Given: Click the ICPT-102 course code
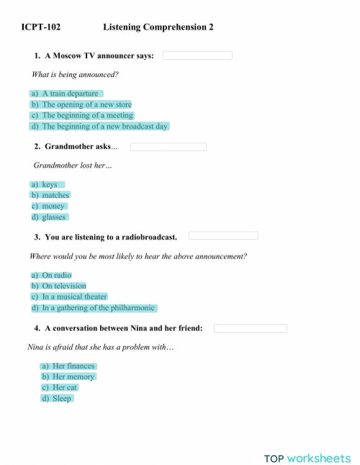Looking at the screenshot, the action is pyautogui.click(x=41, y=27).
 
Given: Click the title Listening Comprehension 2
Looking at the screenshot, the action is pyautogui.click(x=158, y=27).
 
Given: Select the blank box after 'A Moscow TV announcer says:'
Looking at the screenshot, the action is pyautogui.click(x=197, y=55).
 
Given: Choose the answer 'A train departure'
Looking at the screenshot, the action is pyautogui.click(x=66, y=94).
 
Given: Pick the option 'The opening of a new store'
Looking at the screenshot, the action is pyautogui.click(x=81, y=104).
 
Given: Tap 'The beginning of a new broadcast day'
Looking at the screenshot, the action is pyautogui.click(x=99, y=126).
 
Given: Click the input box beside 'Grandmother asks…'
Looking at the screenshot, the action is pyautogui.click(x=168, y=147).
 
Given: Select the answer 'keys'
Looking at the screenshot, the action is pyautogui.click(x=48, y=184).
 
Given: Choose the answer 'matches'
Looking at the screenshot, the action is pyautogui.click(x=50, y=195).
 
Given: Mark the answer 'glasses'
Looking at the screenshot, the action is pyautogui.click(x=50, y=217).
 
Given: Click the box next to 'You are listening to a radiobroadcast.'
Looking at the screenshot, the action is pyautogui.click(x=223, y=235).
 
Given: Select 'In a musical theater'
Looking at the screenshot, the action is pyautogui.click(x=69, y=297).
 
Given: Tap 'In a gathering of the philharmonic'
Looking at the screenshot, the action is pyautogui.click(x=93, y=307).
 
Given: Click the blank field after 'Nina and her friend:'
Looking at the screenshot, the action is pyautogui.click(x=250, y=328).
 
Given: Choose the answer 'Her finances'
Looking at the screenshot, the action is pyautogui.click(x=68, y=366).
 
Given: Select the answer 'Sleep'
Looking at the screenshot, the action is pyautogui.click(x=57, y=398).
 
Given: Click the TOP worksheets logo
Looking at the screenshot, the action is pyautogui.click(x=307, y=458).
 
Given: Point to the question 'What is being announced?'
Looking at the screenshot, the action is pyautogui.click(x=75, y=74).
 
